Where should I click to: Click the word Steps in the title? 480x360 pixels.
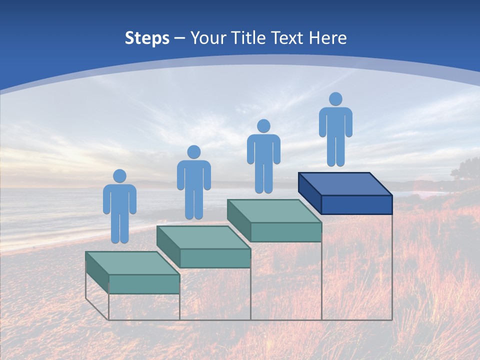click(147, 38)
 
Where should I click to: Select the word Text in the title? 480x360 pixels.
click(287, 38)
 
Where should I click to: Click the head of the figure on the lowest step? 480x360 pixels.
click(119, 176)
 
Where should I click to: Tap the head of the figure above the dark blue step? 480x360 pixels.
click(335, 99)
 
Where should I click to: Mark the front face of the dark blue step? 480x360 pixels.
click(356, 204)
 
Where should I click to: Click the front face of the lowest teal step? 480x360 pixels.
click(144, 284)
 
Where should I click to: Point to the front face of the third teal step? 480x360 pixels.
click(285, 232)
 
